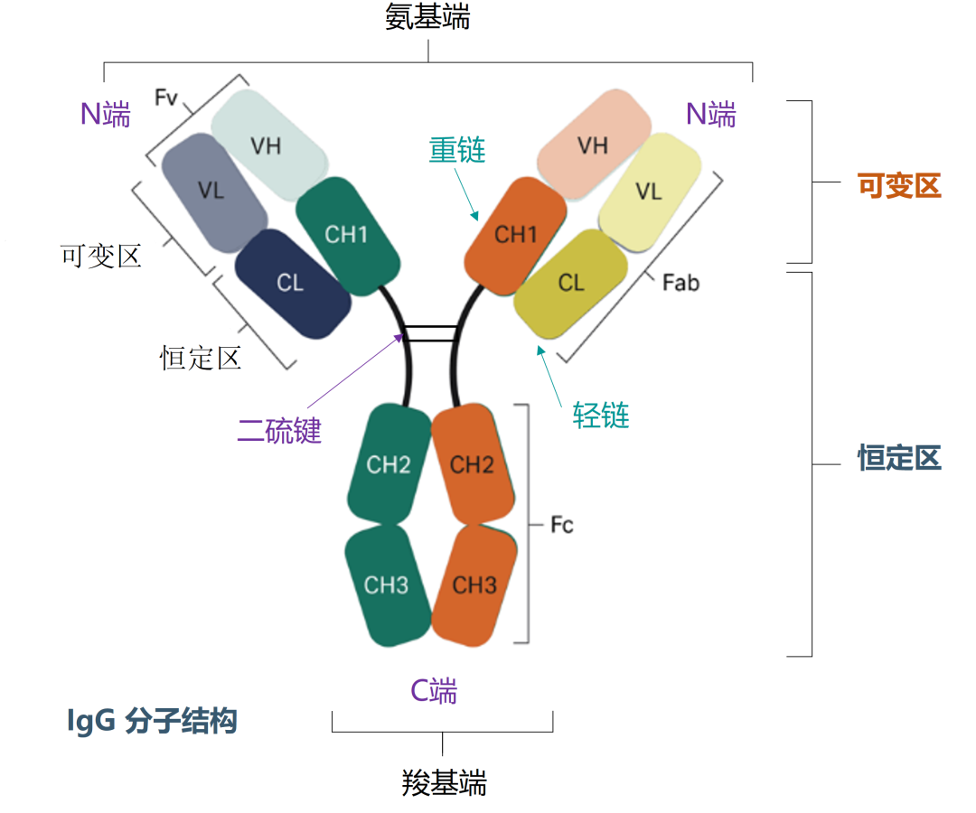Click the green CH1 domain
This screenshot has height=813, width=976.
[x=347, y=235]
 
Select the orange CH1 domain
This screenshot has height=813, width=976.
[x=516, y=235]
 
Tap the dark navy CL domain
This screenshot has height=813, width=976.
[x=291, y=284]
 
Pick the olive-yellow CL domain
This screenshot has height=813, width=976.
[x=571, y=283]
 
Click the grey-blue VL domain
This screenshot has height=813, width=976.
[x=213, y=192]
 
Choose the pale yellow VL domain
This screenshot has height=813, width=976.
[x=649, y=192]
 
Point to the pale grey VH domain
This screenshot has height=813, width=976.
[x=267, y=145]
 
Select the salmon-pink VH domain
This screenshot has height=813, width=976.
[x=593, y=145]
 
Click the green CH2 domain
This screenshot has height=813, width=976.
[x=389, y=464]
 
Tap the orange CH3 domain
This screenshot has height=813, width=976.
[x=474, y=585]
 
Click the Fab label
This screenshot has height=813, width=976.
[x=680, y=283]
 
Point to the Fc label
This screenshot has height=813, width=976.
[x=562, y=525]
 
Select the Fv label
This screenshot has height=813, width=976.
[x=166, y=98]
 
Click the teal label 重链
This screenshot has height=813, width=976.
[x=457, y=150]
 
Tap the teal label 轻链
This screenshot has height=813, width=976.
[x=601, y=416]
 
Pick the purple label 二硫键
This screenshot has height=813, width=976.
[x=279, y=431]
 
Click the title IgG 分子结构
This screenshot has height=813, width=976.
[x=152, y=721]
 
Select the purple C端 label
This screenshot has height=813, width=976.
[x=435, y=691]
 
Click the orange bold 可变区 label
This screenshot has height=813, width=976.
[x=899, y=186]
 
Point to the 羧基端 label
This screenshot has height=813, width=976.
[x=444, y=782]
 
